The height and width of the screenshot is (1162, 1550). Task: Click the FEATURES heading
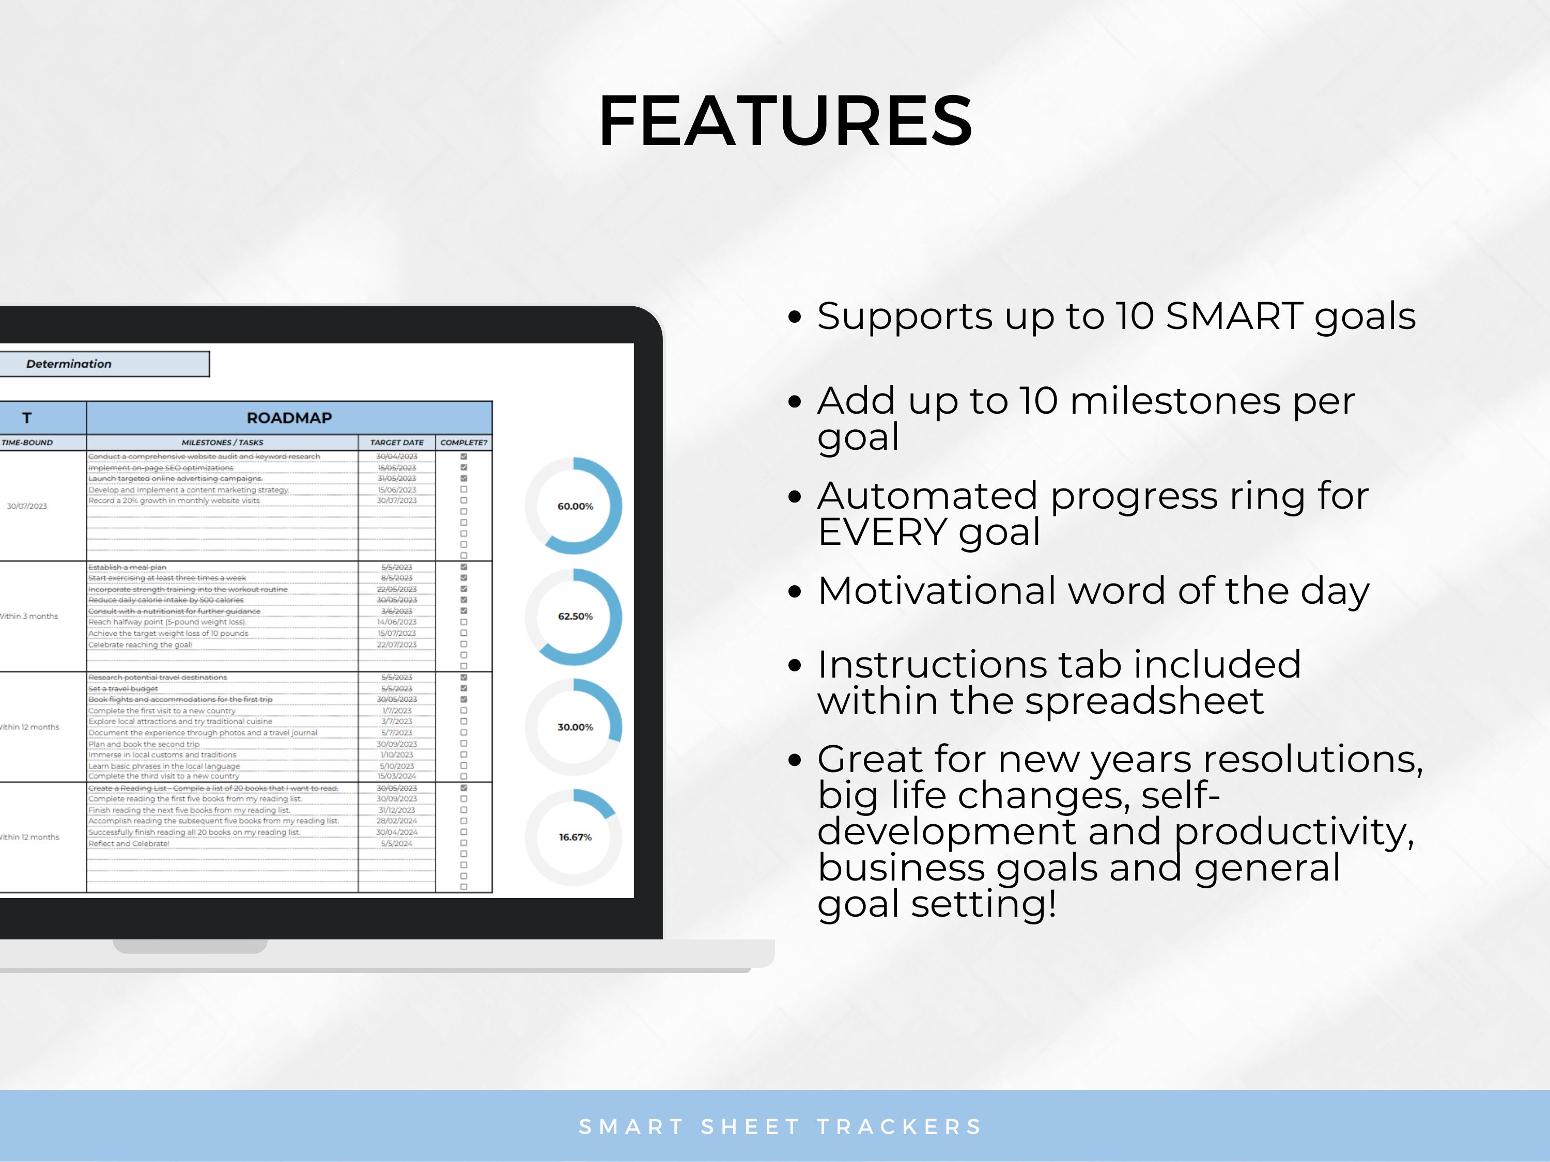[785, 121]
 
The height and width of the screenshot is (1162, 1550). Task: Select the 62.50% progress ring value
[575, 616]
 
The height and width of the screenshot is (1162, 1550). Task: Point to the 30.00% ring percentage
[575, 727]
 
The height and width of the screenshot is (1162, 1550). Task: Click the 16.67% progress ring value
[575, 837]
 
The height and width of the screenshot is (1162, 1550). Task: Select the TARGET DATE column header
[397, 443]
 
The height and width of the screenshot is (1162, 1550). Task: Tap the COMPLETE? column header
[463, 443]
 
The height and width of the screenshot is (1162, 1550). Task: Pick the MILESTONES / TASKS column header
[222, 443]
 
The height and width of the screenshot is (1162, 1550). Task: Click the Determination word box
[69, 364]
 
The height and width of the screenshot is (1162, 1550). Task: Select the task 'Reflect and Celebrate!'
[129, 843]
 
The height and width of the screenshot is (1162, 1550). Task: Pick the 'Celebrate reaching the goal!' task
[140, 645]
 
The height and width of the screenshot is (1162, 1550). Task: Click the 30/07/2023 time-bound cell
[27, 506]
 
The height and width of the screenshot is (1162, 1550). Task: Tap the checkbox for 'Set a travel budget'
[463, 688]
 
